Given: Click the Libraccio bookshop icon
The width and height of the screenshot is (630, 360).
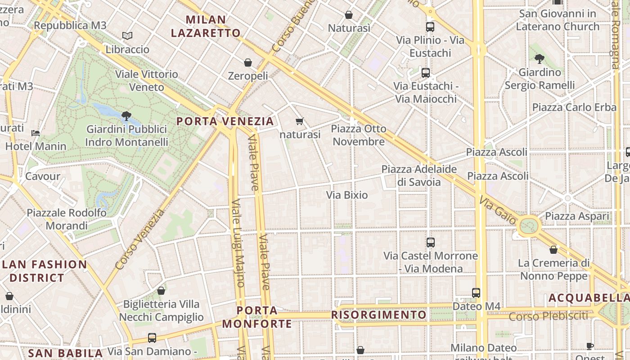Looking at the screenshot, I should pos(127,36).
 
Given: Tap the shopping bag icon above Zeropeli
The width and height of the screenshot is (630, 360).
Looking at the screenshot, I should pos(247,62).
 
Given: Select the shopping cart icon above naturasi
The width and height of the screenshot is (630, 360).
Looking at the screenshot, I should pos(300,121).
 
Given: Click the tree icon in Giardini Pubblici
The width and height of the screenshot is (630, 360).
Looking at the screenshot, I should pos(126,116).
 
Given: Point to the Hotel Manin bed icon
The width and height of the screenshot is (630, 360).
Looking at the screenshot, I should pos(36,133).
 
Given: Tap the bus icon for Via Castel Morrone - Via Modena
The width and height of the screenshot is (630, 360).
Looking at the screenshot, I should pos(431,242).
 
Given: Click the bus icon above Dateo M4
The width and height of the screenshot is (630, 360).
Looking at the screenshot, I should pos(476,292).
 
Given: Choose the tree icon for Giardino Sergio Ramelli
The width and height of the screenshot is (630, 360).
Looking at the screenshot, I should pos(540,58).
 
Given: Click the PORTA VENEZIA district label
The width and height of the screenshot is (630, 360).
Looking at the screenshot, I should pos(225,121).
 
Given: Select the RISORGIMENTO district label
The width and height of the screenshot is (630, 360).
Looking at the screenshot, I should pos(379,315).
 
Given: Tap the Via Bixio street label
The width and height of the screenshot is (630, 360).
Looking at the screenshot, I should pos(347,195).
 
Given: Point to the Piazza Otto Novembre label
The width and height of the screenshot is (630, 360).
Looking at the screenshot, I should pos(359,135).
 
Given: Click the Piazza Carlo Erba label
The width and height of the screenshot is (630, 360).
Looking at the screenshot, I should pos(574,108).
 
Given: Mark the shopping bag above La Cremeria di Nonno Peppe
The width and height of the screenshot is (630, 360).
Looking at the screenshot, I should pos(553,249).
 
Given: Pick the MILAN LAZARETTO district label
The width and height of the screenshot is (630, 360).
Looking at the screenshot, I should pos(206,26).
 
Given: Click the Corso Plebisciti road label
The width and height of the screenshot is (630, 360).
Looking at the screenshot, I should pos(548,316).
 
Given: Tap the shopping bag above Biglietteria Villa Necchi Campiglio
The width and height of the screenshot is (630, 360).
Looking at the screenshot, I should pos(161,291).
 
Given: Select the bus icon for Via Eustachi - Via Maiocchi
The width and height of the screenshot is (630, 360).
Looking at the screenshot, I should pos(425,72).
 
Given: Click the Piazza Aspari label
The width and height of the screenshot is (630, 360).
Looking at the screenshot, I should pos(577,216).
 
